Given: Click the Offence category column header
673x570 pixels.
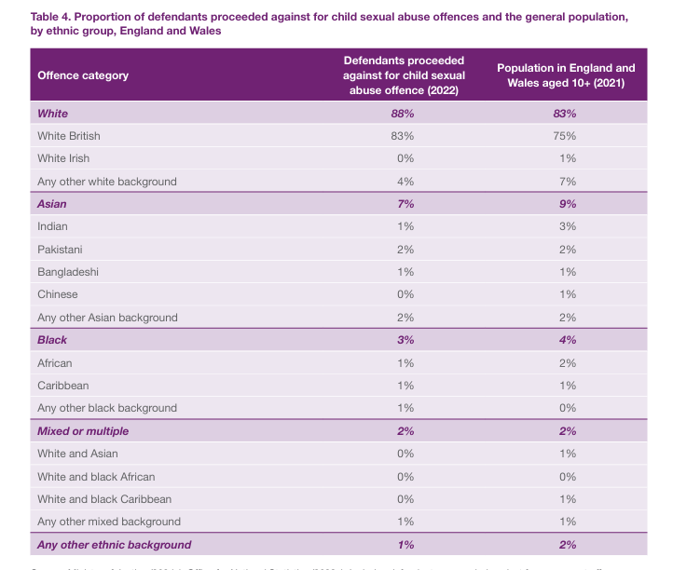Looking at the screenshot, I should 83,75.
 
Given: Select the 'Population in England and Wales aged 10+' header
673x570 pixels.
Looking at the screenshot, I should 566,75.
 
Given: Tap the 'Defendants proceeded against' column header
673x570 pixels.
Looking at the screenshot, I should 404,75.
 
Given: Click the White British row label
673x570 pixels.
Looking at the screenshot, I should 69,136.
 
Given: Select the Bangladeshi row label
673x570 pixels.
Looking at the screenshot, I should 68,272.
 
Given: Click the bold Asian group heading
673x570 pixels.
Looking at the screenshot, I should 52,204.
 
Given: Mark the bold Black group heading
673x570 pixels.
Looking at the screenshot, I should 52,341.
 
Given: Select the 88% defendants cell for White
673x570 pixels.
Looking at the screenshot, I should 404,114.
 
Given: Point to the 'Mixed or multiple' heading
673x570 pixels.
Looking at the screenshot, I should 83,431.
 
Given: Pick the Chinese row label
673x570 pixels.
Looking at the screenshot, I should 58,294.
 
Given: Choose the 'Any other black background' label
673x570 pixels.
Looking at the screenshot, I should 107,408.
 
